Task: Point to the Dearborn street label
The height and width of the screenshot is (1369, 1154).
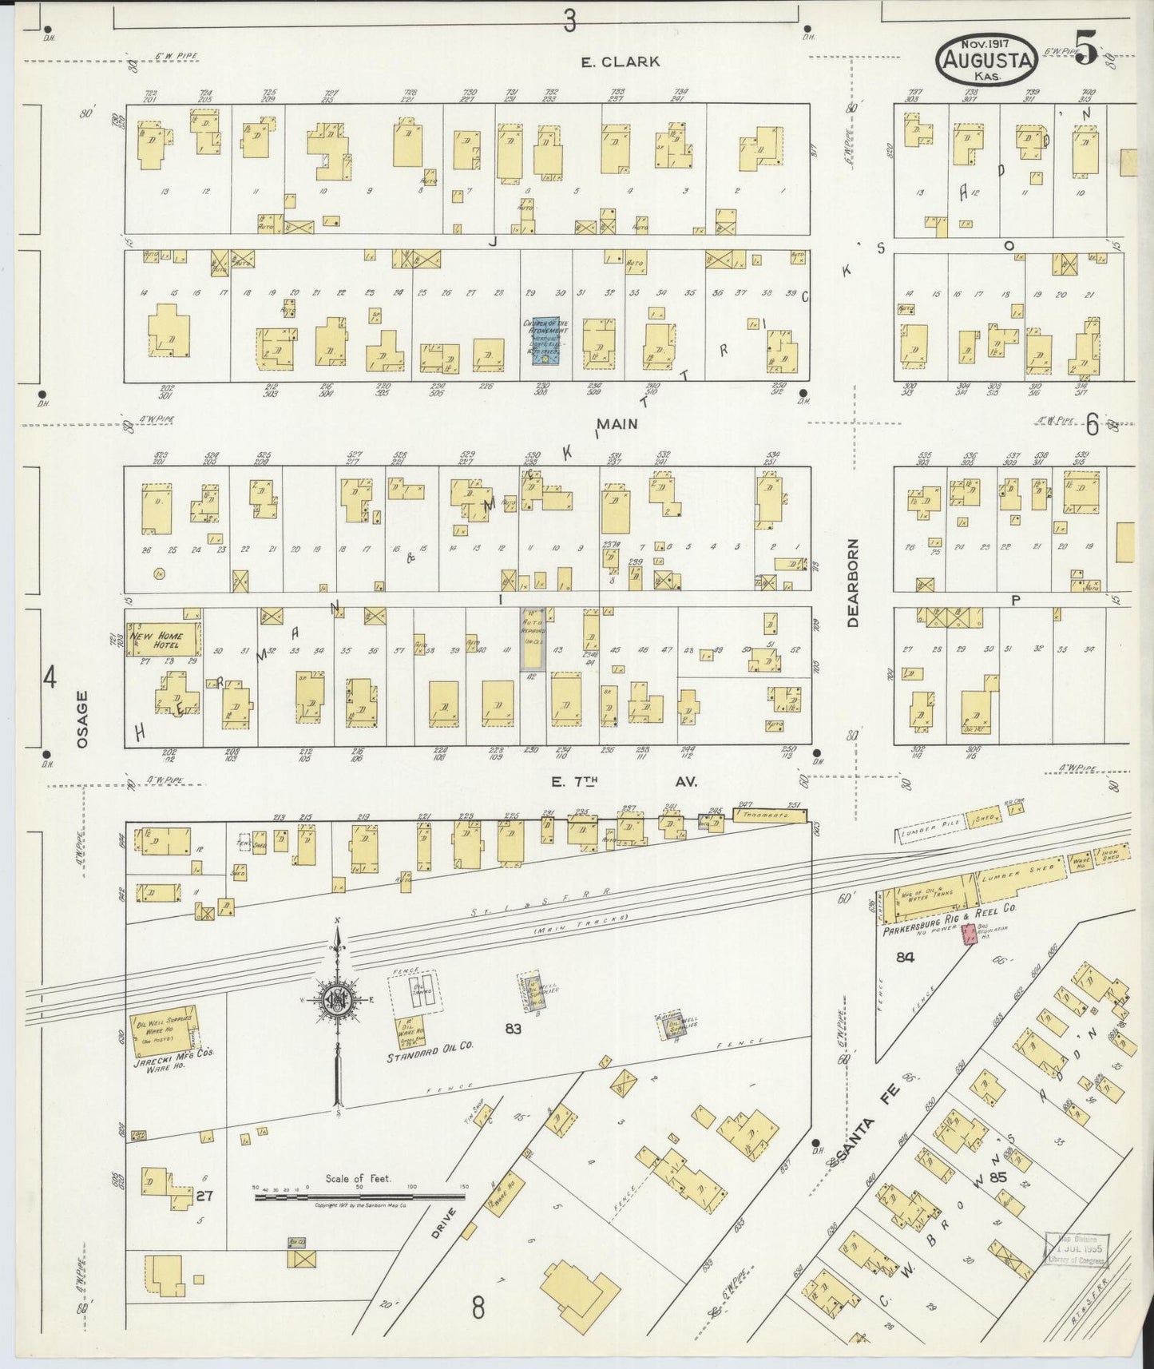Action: [x=853, y=582]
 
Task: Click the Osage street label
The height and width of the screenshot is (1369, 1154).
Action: [x=82, y=720]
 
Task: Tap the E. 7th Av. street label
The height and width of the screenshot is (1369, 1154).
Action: [x=622, y=782]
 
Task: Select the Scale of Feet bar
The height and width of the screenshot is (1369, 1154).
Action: [x=359, y=1196]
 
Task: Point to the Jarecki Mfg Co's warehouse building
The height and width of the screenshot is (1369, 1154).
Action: [x=164, y=1032]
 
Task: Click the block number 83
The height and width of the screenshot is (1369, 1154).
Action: [x=513, y=1029]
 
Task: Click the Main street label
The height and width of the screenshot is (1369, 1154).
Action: [x=617, y=424]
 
